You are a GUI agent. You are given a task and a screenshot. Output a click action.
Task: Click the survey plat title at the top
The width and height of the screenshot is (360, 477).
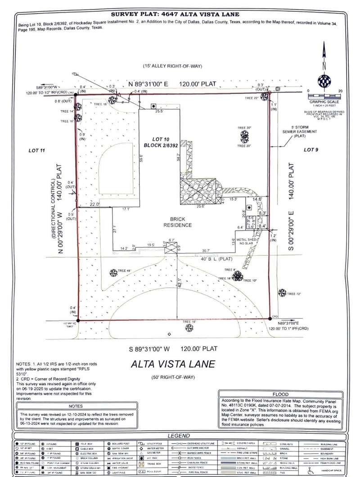180,14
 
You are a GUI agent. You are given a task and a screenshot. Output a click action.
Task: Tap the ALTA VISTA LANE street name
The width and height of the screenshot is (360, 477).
173,364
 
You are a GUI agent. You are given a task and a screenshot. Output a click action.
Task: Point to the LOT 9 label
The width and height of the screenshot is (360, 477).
311,149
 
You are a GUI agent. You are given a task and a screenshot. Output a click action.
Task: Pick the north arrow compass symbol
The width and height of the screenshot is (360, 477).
323,81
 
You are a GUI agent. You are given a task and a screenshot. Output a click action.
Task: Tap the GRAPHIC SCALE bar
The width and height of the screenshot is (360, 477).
324,95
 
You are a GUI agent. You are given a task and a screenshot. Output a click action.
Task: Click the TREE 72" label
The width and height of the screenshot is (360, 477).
292,294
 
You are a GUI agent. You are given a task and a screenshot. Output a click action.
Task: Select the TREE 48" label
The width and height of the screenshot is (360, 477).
124,271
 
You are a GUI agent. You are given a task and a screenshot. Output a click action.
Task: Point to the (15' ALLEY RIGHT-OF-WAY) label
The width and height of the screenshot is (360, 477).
173,67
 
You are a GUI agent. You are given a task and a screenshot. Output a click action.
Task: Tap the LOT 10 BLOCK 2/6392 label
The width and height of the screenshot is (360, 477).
161,143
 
